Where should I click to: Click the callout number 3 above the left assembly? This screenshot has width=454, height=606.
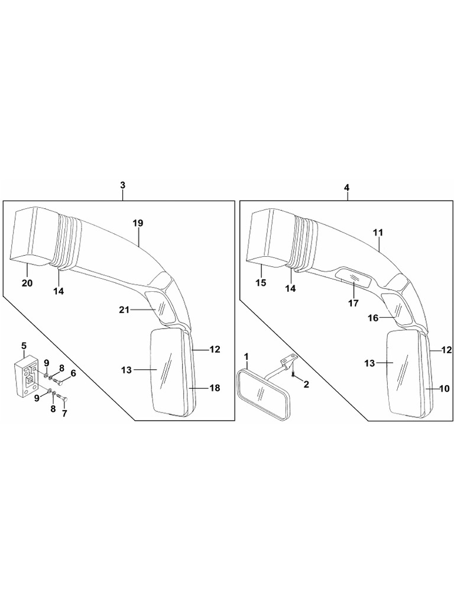(x=122, y=186)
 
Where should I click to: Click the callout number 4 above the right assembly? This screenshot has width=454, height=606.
(x=346, y=187)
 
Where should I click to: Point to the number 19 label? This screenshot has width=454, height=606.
(x=138, y=223)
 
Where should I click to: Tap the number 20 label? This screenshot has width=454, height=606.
(x=27, y=283)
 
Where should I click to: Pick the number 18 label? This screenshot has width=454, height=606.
(x=215, y=388)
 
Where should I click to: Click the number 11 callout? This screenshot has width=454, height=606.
(x=378, y=233)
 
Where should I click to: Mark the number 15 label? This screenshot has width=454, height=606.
(x=261, y=283)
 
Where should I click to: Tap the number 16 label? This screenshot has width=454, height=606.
(x=373, y=318)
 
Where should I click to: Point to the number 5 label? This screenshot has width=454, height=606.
(x=24, y=345)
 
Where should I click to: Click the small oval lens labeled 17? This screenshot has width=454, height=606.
(x=354, y=276)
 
